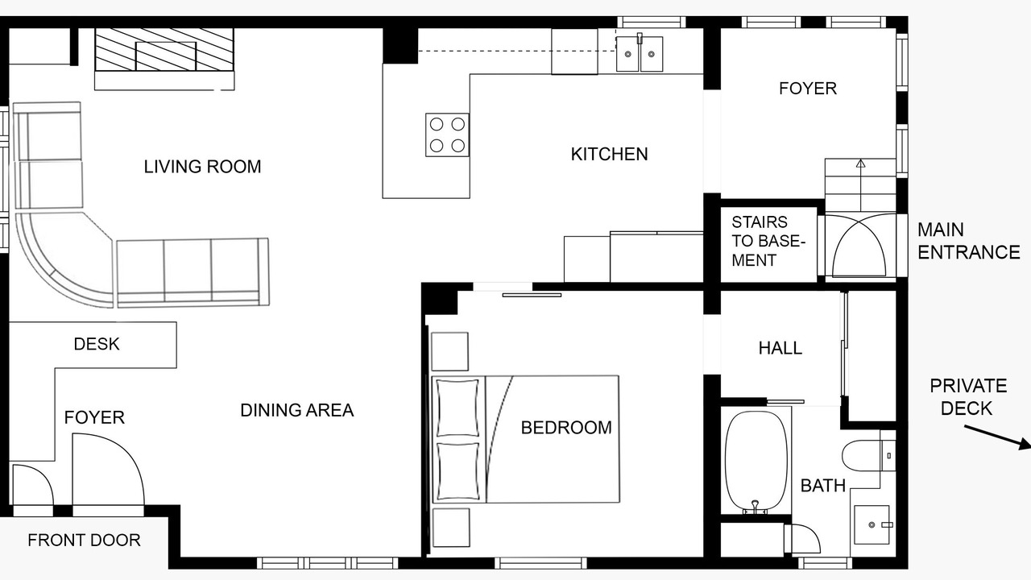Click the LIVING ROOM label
coord(202,167)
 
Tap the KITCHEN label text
coord(610,154)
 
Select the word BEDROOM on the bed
coord(566,428)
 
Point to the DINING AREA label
coord(297,410)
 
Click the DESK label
coord(97,344)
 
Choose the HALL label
coord(780,348)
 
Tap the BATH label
coord(823,486)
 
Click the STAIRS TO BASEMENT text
coord(768,241)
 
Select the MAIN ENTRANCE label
coord(969,241)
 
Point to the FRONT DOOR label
coord(84,540)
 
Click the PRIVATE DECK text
coord(968,397)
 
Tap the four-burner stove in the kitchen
coord(447,135)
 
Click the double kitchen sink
coord(640,54)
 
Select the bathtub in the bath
coord(756,461)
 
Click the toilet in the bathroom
coord(868,455)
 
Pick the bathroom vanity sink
coord(872,524)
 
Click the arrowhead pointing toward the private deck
coord(1025,444)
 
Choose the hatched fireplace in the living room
coord(164,50)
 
